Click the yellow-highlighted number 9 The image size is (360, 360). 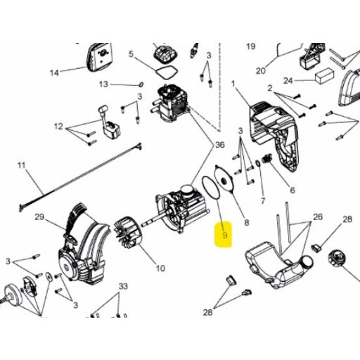click(x=225, y=234)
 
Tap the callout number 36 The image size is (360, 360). click(x=220, y=145)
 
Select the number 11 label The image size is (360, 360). click(x=21, y=165)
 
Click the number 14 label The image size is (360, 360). click(x=54, y=73)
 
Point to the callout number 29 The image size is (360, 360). click(x=39, y=217)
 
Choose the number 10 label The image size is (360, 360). click(x=160, y=268)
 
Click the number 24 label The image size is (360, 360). click(x=288, y=81)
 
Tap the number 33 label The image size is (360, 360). click(x=123, y=286)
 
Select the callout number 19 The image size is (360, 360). click(x=250, y=46)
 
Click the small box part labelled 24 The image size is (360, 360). click(x=324, y=75)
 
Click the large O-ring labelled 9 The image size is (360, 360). click(x=212, y=188)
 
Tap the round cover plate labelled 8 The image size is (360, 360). click(x=224, y=179)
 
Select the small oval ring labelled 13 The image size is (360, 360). click(x=141, y=84)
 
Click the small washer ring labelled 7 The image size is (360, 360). click(x=257, y=163)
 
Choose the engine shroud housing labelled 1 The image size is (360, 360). click(x=274, y=136)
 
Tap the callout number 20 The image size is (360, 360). click(x=261, y=71)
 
